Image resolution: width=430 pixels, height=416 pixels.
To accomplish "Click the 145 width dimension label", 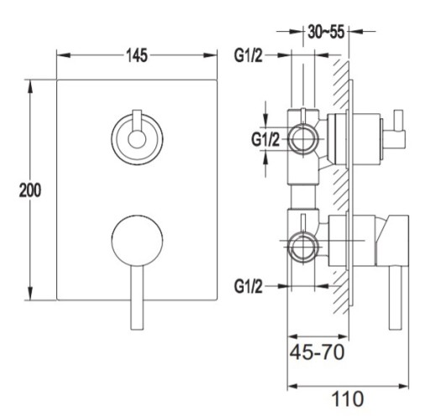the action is [x=137, y=55].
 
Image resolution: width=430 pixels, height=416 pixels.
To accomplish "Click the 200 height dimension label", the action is [x=30, y=190].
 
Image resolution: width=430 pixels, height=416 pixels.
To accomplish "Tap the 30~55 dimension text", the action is [x=326, y=32].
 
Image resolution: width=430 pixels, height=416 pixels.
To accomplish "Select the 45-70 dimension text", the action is [x=317, y=352].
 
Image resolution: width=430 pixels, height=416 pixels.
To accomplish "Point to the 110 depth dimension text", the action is [x=348, y=398].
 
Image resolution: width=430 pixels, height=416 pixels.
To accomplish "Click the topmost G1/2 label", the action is [x=249, y=55].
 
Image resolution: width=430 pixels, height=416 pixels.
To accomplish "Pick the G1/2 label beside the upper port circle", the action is [x=265, y=139].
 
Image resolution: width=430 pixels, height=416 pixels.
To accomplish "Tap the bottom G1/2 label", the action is [x=249, y=286].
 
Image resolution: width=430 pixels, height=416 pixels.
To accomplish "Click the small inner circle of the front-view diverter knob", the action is [x=137, y=139].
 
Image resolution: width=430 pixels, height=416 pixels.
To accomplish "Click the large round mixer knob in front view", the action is [x=137, y=241].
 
